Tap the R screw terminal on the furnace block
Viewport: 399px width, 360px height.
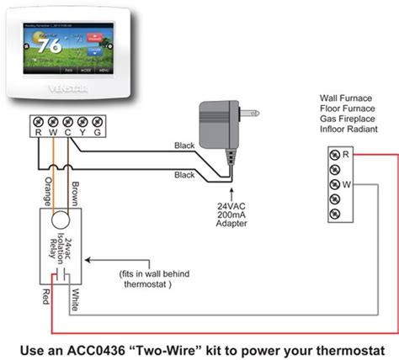[336, 155]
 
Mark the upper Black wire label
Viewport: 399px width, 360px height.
[184, 145]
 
